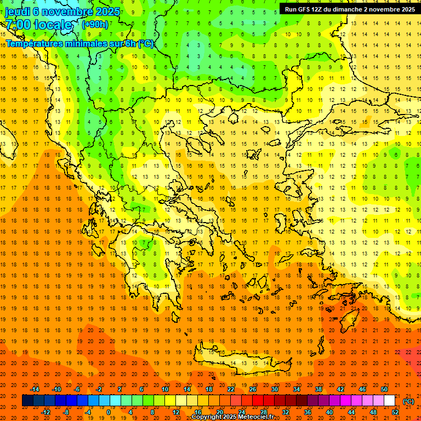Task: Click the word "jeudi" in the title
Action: tap(17, 11)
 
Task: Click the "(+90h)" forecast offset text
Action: tap(95, 24)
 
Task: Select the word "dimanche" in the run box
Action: tap(351, 9)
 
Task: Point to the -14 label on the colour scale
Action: tap(36, 389)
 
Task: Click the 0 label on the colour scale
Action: tap(108, 412)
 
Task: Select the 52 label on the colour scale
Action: tap(395, 412)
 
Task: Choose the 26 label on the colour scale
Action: tap(253, 389)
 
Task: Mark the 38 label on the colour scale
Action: tap(318, 389)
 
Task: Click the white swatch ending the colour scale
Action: tap(390, 401)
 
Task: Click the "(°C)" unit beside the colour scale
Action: tap(408, 401)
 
